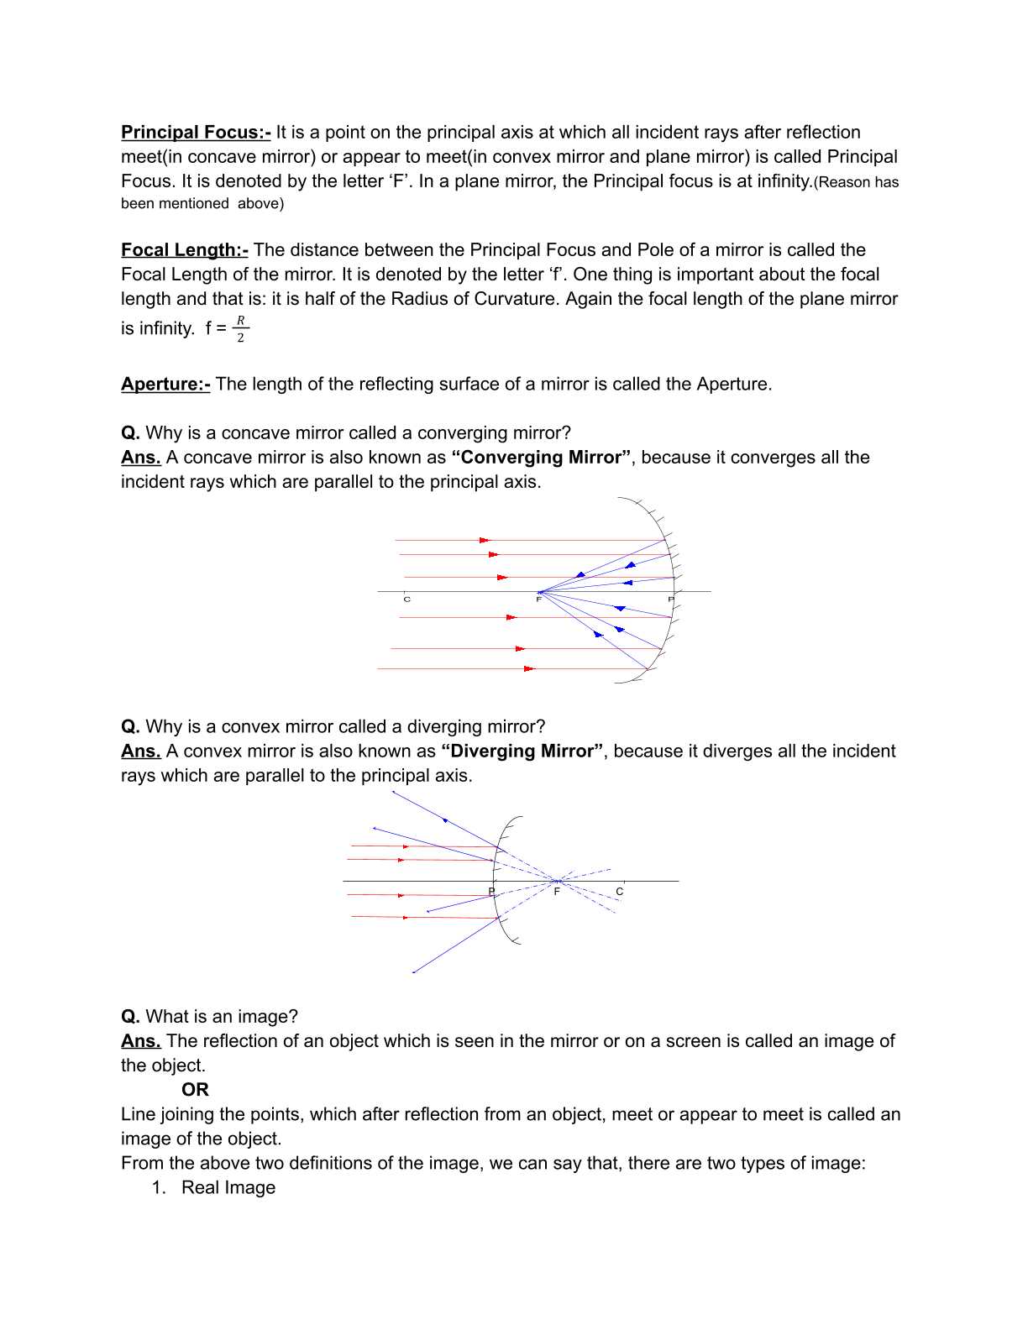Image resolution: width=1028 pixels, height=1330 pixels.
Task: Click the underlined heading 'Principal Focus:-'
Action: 196,133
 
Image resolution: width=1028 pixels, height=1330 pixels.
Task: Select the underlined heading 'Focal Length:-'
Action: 185,250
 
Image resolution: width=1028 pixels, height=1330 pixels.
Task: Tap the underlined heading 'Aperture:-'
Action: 165,385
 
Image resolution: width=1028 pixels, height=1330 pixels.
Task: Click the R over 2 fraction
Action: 240,329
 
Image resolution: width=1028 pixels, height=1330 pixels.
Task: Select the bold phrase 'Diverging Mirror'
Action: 522,751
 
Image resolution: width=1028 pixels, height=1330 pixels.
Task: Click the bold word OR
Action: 195,1090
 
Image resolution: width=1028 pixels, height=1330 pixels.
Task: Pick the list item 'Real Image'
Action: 228,1188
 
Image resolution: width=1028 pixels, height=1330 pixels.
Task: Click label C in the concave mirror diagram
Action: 407,600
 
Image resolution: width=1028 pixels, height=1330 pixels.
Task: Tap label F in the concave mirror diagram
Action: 539,600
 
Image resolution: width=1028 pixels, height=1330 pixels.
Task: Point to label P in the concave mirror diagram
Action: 670,600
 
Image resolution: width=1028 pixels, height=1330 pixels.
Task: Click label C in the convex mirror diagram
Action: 620,892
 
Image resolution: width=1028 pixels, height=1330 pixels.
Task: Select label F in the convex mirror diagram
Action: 557,892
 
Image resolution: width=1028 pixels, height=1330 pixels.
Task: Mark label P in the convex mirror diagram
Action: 492,891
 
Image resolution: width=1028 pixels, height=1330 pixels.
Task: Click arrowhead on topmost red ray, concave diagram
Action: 485,540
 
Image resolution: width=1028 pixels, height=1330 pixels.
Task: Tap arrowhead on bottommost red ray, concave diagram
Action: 529,669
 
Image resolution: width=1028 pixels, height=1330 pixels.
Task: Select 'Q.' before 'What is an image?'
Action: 130,1017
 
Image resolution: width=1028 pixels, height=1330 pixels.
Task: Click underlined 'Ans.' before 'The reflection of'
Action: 140,1041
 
